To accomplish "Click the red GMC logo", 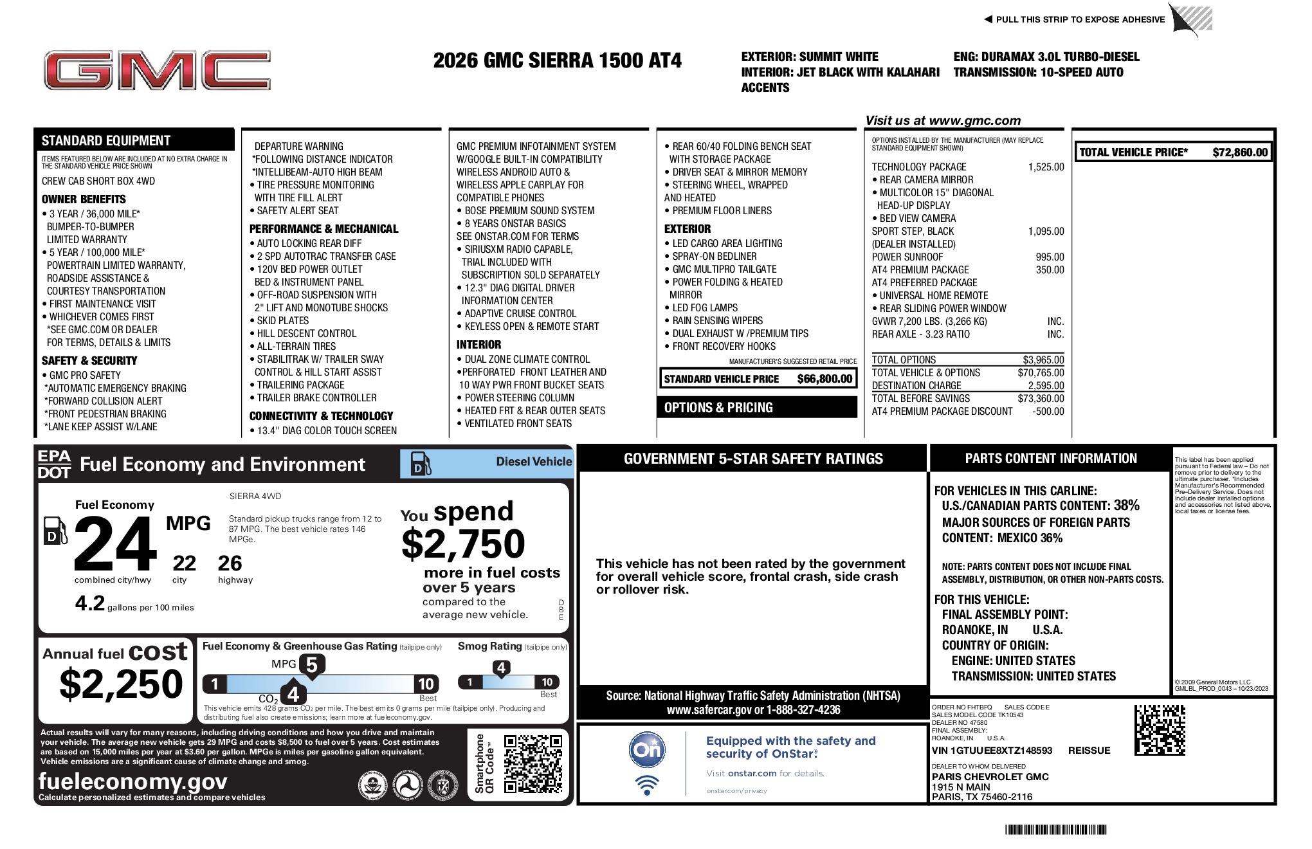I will [x=157, y=71].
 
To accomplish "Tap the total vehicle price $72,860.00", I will [x=1239, y=152].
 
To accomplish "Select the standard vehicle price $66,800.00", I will [x=825, y=379].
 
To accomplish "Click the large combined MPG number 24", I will [x=116, y=544].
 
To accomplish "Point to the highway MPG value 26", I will [x=230, y=563].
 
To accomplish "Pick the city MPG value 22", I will [x=184, y=563].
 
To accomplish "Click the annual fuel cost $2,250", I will [x=121, y=683].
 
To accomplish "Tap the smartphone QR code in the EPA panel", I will [x=533, y=764].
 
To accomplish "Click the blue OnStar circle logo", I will [x=647, y=750].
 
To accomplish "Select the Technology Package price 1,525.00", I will [x=1046, y=167].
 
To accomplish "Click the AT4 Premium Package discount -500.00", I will [x=1048, y=412].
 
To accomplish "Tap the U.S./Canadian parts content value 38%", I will [x=1126, y=506].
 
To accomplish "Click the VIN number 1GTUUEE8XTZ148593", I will [x=992, y=751].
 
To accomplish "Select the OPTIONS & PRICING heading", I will [x=718, y=408].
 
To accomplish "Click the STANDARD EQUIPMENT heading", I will [x=106, y=141].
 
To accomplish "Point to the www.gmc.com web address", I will [x=975, y=120].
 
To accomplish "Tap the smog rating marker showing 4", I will [x=501, y=668].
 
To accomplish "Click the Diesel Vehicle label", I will [x=534, y=461].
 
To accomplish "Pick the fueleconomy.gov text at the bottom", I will [x=132, y=781].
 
